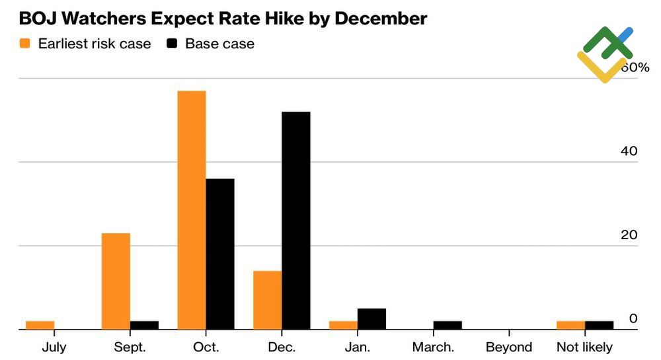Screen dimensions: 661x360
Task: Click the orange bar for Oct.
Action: [x=192, y=210]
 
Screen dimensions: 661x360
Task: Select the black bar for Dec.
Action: [x=296, y=221]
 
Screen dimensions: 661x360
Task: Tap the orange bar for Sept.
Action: [x=116, y=281]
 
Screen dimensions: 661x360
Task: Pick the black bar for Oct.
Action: [x=220, y=254]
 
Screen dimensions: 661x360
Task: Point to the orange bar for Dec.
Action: [x=267, y=300]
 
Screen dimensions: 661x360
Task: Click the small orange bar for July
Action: [x=40, y=325]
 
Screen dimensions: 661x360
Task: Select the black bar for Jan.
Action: [x=371, y=319]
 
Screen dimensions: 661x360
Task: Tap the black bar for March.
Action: [x=447, y=325]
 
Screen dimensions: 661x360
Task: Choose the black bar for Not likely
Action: [x=600, y=325]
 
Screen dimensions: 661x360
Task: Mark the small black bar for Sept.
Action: [x=144, y=325]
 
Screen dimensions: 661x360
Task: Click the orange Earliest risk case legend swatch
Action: [x=25, y=44]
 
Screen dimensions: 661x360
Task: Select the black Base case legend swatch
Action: [x=172, y=44]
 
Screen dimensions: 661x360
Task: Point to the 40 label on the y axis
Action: [x=629, y=151]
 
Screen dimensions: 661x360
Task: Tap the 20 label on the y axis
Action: [x=629, y=235]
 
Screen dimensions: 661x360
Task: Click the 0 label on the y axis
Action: [x=633, y=318]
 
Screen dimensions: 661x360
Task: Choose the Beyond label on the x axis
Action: [x=509, y=347]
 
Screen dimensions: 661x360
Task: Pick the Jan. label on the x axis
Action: [x=358, y=347]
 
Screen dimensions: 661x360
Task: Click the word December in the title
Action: [x=381, y=18]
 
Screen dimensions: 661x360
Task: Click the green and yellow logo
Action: [x=605, y=54]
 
